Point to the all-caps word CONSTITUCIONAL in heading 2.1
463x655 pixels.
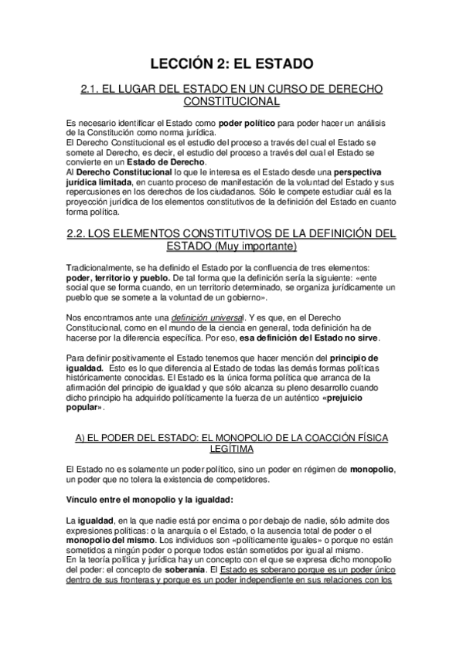pos(231,102)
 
